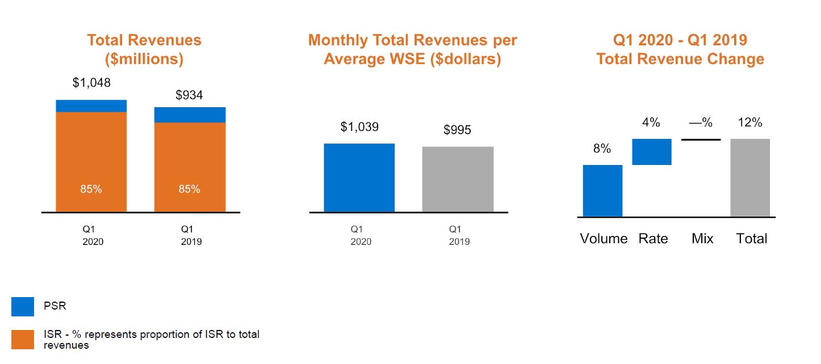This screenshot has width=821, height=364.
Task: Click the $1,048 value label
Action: pos(91,83)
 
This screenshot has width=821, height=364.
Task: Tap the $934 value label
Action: pos(189,95)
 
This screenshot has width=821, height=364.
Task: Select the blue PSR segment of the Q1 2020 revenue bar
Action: pos(91,106)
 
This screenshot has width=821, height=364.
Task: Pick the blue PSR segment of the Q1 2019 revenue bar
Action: pos(190,115)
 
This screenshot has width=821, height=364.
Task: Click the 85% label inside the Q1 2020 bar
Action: pos(91,189)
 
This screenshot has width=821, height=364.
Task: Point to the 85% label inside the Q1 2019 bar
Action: pos(190,189)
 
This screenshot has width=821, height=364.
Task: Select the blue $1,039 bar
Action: pos(359,178)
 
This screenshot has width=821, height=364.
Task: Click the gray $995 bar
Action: pos(458,180)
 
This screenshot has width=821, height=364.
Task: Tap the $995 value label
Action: pos(457,130)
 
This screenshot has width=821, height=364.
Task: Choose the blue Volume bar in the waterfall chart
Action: pos(602,191)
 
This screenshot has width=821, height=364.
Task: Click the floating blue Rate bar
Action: pos(652,152)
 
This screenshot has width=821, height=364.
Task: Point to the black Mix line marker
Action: pos(701,139)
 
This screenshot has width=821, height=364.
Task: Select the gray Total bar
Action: pos(750,177)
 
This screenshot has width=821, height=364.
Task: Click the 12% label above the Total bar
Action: pos(750,122)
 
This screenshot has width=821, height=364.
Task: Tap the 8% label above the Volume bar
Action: pos(602,149)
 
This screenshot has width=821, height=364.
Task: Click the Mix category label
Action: pos(702,239)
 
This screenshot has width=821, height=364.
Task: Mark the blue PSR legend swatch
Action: pos(23,307)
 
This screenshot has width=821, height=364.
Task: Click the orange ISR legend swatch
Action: pos(23,338)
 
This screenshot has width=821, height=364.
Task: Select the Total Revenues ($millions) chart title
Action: pos(144,49)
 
